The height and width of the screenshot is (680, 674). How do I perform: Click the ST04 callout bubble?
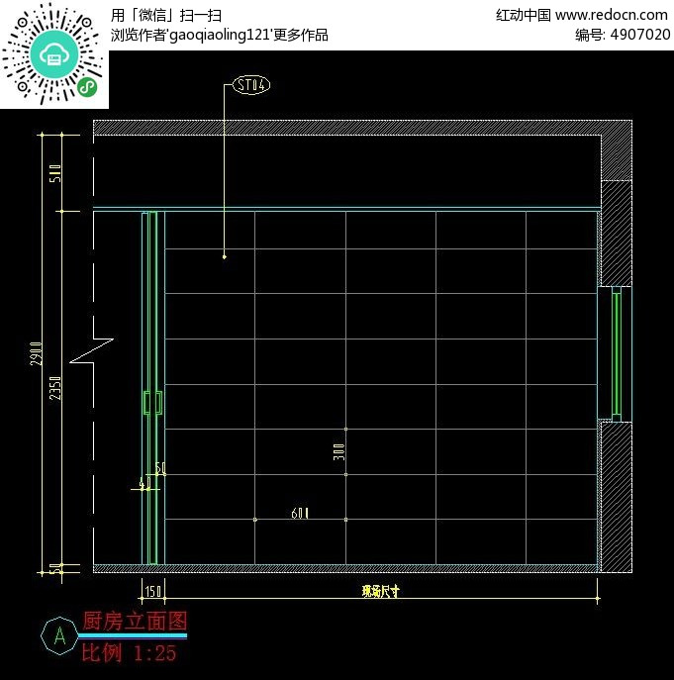pyautogui.click(x=251, y=85)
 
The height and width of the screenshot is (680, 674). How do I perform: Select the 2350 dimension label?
pyautogui.click(x=55, y=389)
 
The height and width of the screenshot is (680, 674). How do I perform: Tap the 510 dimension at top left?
pyautogui.click(x=55, y=173)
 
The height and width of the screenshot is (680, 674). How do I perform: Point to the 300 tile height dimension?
pyautogui.click(x=338, y=452)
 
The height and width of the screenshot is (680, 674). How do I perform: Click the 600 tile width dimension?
pyautogui.click(x=300, y=513)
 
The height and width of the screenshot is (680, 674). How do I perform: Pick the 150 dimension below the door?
pyautogui.click(x=153, y=591)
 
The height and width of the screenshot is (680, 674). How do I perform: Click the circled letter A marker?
pyautogui.click(x=59, y=635)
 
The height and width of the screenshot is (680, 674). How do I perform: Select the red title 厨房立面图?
pyautogui.click(x=135, y=622)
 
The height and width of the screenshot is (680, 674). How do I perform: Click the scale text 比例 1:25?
pyautogui.click(x=129, y=653)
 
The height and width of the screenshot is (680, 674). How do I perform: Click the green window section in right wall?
pyautogui.click(x=616, y=352)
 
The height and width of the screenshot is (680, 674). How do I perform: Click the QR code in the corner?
pyautogui.click(x=54, y=54)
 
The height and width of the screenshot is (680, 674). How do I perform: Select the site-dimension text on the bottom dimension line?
pyautogui.click(x=380, y=591)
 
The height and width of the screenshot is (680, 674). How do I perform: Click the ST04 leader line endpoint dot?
pyautogui.click(x=225, y=256)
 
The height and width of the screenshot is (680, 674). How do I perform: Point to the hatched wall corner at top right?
pyautogui.click(x=617, y=149)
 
